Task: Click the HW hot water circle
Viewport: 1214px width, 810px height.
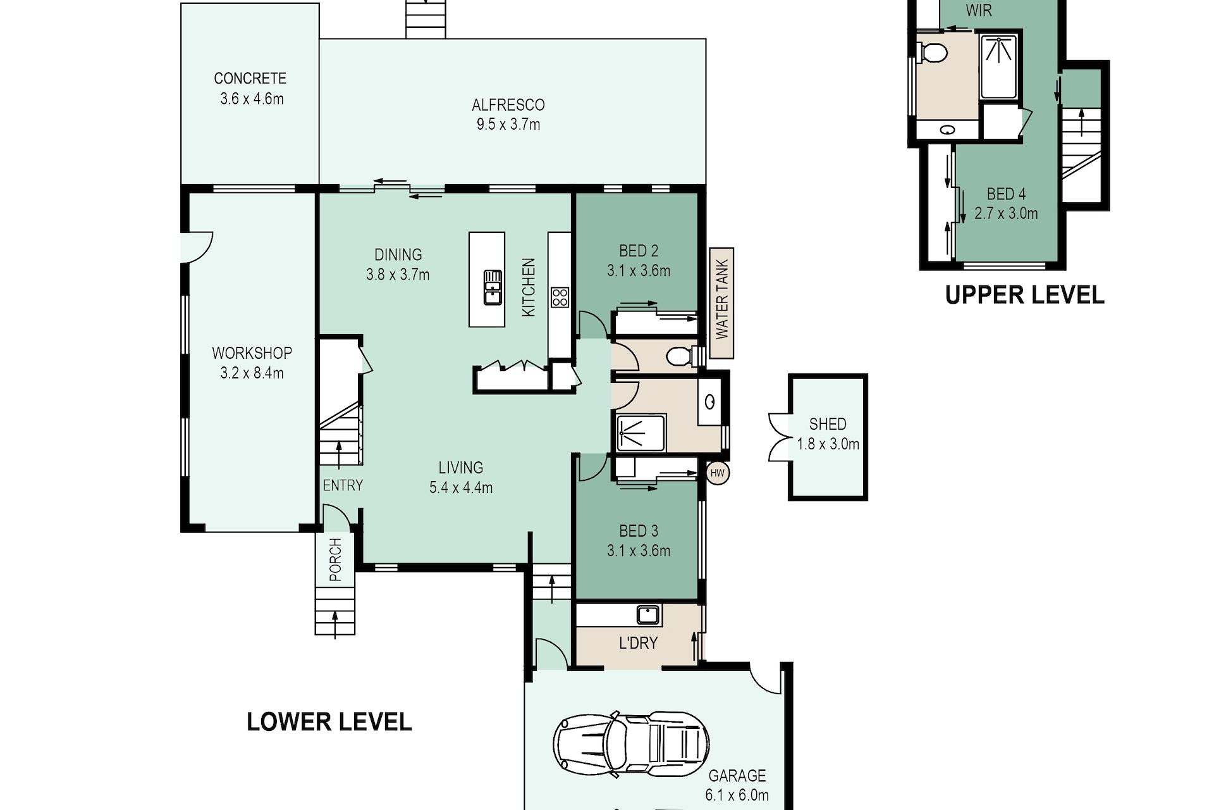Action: [x=718, y=473]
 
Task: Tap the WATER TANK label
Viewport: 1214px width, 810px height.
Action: [x=722, y=299]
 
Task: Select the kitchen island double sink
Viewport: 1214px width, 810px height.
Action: [x=493, y=287]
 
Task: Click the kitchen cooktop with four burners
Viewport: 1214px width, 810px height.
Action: [x=560, y=297]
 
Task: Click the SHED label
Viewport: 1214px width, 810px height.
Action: [x=828, y=424]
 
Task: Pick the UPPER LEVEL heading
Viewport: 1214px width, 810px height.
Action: [x=1024, y=295]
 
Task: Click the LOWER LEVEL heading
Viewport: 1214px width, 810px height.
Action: [x=329, y=722]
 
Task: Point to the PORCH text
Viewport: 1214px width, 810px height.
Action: [x=335, y=560]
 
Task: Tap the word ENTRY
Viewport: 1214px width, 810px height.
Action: [x=343, y=485]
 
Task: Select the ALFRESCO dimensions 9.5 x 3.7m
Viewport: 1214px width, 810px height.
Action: [x=508, y=125]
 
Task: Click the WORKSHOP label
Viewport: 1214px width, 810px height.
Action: [x=252, y=353]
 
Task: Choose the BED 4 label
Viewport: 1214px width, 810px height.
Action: [x=1006, y=194]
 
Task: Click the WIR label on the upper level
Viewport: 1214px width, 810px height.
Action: [x=979, y=10]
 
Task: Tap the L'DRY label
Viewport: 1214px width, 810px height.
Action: [x=638, y=643]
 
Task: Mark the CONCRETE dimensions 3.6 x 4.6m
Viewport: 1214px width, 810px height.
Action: [x=252, y=99]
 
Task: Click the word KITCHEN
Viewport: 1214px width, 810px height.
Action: [x=529, y=287]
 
